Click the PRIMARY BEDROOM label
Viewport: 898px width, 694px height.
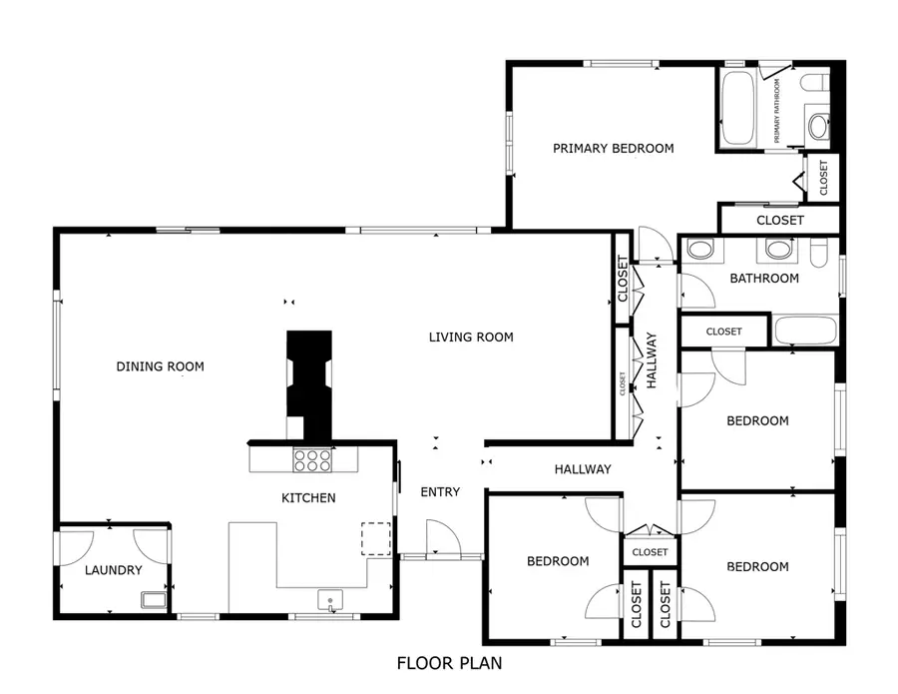[614, 149]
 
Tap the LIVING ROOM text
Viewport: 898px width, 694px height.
[471, 338]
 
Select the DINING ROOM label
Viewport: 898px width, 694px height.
[160, 367]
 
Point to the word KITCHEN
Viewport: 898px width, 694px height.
[308, 498]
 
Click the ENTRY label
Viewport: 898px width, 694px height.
[440, 492]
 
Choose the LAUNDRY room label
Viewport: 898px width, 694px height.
[113, 571]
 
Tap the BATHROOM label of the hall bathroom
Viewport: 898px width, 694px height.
[764, 279]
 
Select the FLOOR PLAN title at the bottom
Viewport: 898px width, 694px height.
[449, 663]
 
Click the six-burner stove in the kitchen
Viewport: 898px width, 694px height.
[312, 459]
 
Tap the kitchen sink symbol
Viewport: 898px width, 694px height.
[331, 600]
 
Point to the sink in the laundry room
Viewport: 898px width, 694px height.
[154, 600]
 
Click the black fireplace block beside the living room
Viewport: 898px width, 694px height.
[308, 384]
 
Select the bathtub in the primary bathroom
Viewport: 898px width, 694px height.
[737, 108]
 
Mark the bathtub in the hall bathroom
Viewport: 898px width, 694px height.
[805, 332]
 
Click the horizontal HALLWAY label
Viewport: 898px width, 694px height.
[583, 469]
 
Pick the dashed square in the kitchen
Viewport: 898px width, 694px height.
[375, 537]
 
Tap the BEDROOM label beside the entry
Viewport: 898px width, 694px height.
[558, 562]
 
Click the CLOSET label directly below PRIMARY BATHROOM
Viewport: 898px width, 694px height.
[823, 178]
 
